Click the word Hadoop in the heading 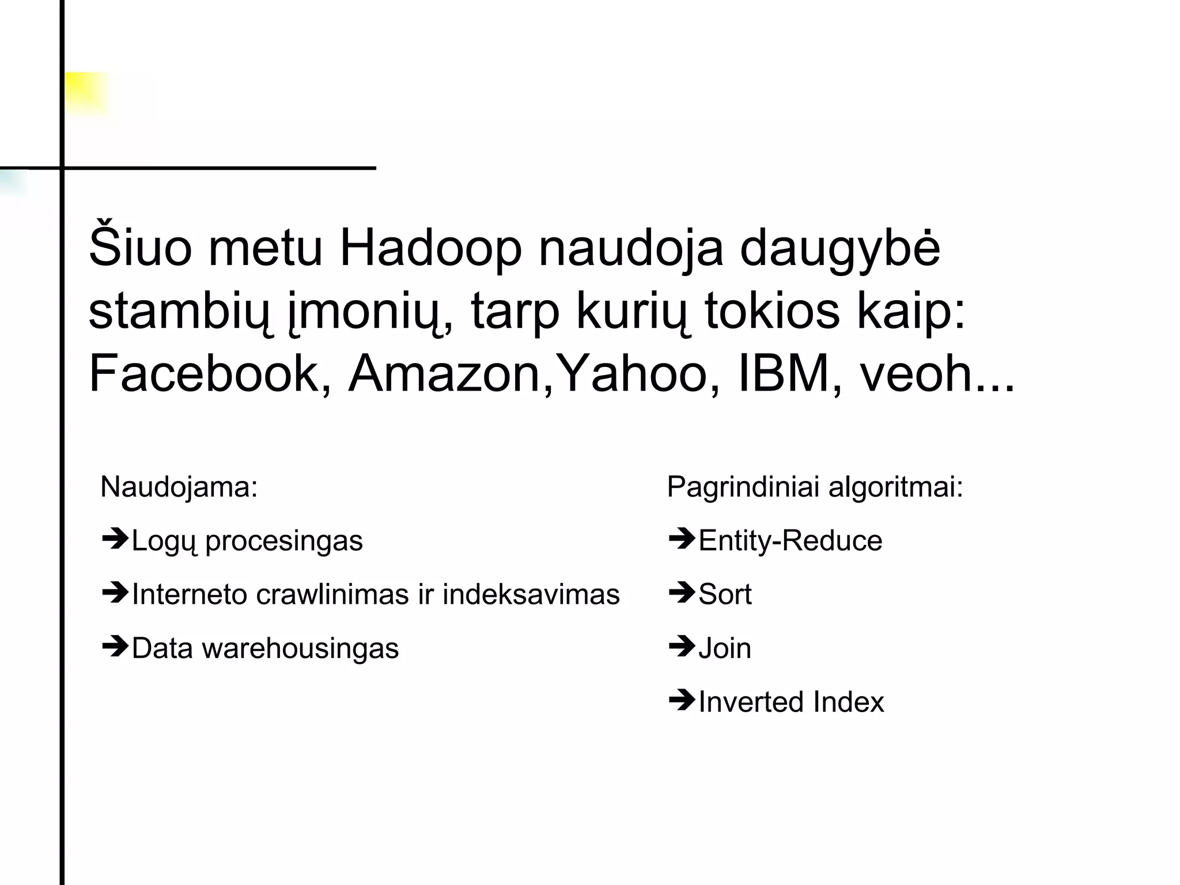[x=431, y=249]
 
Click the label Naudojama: [x=179, y=487]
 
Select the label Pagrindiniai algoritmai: [x=815, y=487]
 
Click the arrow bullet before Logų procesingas [x=115, y=539]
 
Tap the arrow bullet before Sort [x=682, y=593]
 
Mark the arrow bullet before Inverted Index [x=682, y=701]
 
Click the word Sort [x=725, y=594]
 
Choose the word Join [x=725, y=648]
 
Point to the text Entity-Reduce [x=790, y=541]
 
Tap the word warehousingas [x=300, y=648]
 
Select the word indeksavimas [x=531, y=594]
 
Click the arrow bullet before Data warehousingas [x=115, y=647]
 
